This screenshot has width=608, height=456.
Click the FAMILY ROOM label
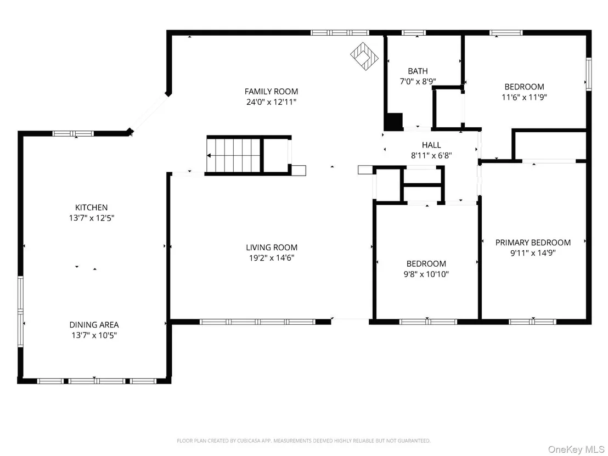coord(271,92)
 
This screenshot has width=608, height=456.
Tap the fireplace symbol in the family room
coord(364,56)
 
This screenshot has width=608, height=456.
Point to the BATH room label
coord(418,71)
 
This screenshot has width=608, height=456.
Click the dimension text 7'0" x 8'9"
coord(418,81)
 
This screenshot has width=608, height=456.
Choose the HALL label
coord(431,145)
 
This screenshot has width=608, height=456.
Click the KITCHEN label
coord(92,207)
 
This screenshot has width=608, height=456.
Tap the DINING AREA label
coord(94,325)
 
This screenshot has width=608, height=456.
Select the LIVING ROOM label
coord(272,247)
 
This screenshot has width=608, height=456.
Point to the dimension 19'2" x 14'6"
coord(272,258)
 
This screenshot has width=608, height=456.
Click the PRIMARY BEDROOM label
coord(533,243)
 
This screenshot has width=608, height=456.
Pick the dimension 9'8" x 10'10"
coord(426,274)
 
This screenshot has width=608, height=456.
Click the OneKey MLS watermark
coord(576,449)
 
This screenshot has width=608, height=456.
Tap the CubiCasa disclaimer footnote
coord(303,441)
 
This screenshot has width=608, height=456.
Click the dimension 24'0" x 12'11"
coord(271,102)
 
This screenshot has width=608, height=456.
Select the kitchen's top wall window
coord(73,133)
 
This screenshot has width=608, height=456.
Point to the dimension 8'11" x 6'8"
coord(431,155)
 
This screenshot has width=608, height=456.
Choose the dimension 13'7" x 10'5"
coord(94,335)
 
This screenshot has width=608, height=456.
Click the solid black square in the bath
coord(394,121)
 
